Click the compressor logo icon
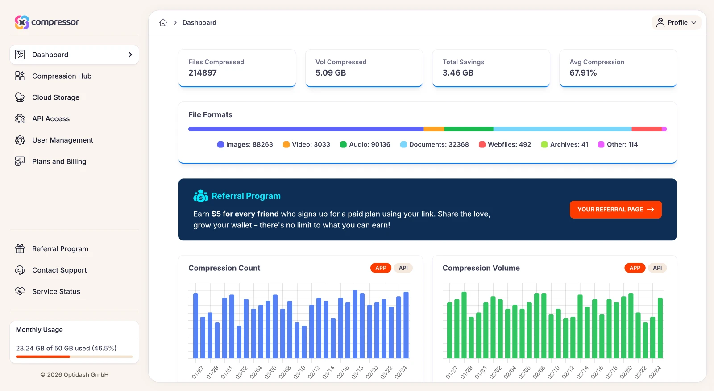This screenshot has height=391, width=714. coord(21,22)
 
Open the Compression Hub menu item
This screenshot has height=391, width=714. coord(62,76)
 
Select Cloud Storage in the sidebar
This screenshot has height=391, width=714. coord(55,97)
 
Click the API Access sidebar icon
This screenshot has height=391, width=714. coord(20,119)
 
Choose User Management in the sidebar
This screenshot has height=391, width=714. coord(62,140)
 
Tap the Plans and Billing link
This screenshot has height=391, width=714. coord(59,162)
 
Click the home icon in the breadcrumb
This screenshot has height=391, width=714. coord(163,23)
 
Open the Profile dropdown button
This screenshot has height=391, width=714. coord(676,23)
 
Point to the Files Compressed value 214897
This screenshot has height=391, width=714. coord(203,73)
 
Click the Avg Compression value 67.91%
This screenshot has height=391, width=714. coord(583,73)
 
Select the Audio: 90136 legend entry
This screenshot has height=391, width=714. coord(365,145)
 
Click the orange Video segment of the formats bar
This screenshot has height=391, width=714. coord(434,129)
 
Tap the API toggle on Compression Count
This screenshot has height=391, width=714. coord(403,268)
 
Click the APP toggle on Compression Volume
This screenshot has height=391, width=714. coord(635,268)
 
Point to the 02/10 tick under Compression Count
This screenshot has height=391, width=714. coord(299,372)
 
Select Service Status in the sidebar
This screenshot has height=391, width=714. coord(56,292)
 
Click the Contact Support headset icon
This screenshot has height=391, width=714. coord(20,270)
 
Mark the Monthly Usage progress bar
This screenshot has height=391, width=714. coord(74,357)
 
